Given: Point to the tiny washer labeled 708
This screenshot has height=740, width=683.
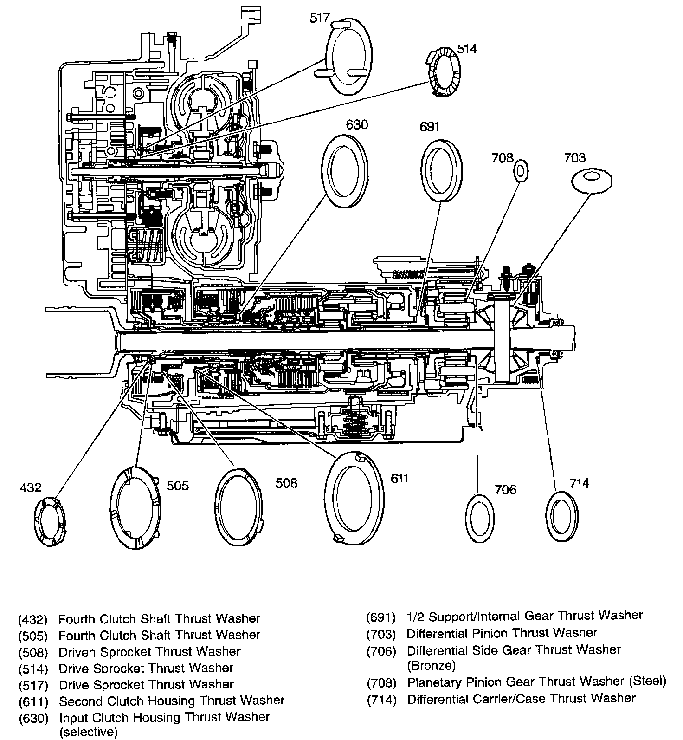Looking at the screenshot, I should click(521, 172).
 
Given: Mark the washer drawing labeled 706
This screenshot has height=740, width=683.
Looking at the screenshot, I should click(479, 518).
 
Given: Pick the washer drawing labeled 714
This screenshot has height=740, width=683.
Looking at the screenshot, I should click(562, 516).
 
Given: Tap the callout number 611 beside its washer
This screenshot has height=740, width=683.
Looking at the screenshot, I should click(399, 478).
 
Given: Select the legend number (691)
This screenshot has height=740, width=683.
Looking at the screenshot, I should click(380, 617).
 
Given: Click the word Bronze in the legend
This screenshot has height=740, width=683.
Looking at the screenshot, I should click(431, 665).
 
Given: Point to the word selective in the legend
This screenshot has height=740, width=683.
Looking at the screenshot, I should click(88, 732).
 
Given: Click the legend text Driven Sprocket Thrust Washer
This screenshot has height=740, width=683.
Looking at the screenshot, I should click(149, 651).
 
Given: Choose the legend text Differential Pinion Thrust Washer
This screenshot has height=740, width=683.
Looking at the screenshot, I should click(502, 633).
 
